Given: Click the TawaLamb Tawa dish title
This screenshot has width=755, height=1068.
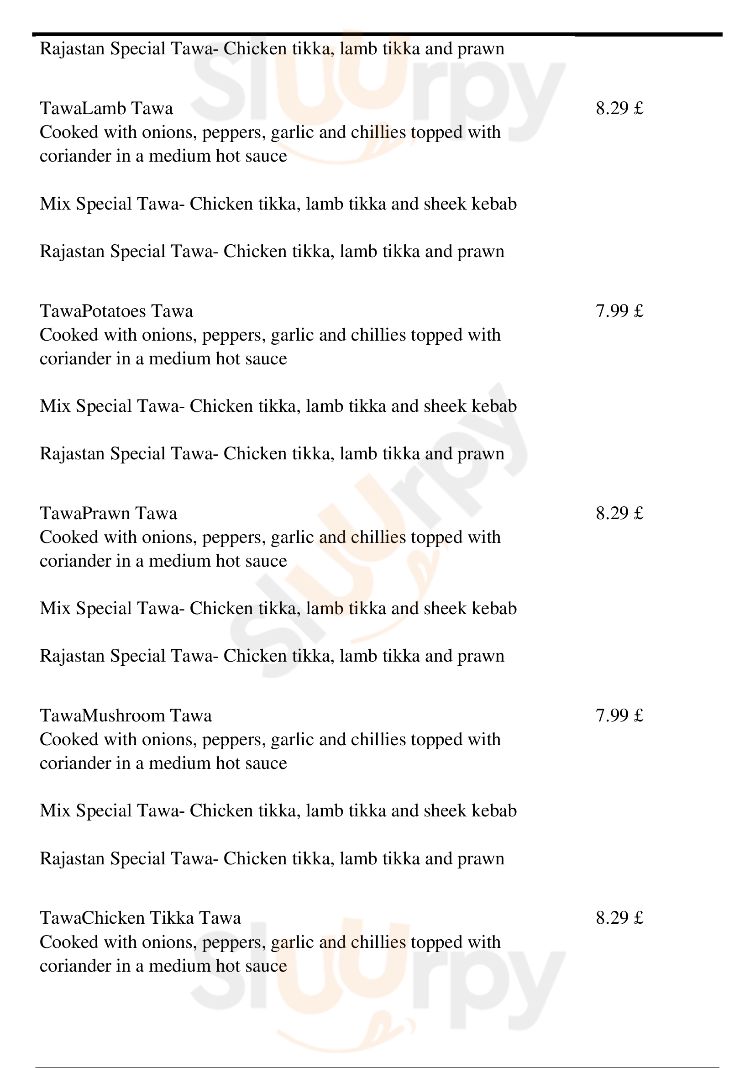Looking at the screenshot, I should pyautogui.click(x=106, y=108).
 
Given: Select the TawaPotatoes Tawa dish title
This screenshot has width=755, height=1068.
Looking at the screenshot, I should pyautogui.click(x=116, y=311).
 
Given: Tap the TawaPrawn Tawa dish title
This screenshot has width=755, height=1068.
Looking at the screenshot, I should pyautogui.click(x=108, y=513).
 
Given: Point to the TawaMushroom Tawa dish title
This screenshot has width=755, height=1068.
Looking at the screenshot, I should pyautogui.click(x=126, y=716).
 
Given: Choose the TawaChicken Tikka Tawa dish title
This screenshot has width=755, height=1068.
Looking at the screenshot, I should pyautogui.click(x=141, y=918).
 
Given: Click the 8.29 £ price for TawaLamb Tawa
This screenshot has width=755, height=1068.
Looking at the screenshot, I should pyautogui.click(x=619, y=108).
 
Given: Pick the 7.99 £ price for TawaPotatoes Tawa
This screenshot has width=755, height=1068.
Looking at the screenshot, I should pyautogui.click(x=619, y=311).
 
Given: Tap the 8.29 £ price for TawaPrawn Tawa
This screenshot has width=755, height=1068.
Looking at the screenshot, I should pyautogui.click(x=619, y=513).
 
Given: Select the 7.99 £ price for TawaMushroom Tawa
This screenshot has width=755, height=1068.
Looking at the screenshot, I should pyautogui.click(x=619, y=716).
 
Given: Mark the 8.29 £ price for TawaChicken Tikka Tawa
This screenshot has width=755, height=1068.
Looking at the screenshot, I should pyautogui.click(x=619, y=918).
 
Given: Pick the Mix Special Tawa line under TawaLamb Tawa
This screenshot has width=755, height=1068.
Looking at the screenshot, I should pyautogui.click(x=278, y=204).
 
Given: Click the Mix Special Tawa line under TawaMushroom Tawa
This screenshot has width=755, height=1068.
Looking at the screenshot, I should pyautogui.click(x=278, y=811).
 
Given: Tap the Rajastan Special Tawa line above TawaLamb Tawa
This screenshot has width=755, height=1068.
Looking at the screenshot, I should pyautogui.click(x=272, y=49).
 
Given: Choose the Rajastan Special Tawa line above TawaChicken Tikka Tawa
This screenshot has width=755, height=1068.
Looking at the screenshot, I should pyautogui.click(x=272, y=858).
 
